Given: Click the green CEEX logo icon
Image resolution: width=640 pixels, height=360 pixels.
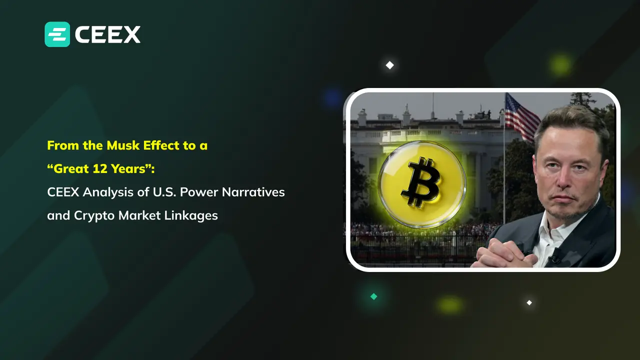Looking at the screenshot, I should tap(57, 34).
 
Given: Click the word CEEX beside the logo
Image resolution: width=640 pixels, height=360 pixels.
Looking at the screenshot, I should tap(107, 34).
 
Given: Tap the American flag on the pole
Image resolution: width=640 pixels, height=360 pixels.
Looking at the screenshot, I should tap(521, 117).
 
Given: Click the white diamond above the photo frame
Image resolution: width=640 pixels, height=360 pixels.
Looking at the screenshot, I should tap(389, 65).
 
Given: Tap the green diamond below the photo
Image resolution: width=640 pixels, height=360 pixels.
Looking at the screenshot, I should tap(373, 296).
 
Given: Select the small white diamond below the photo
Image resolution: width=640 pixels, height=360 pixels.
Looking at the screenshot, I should tap(529, 302).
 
